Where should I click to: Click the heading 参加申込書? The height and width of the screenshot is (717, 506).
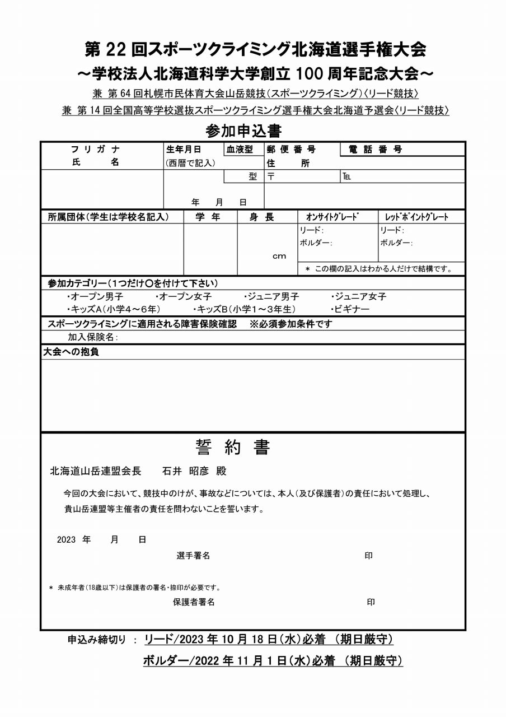tap(243, 131)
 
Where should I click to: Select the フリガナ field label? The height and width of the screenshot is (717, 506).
tap(95, 150)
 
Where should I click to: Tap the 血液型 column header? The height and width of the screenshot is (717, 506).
tap(240, 150)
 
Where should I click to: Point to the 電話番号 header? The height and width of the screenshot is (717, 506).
tap(375, 150)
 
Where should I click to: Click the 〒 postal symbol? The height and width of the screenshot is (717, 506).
tap(270, 176)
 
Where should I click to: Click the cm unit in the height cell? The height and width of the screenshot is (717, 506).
tap(279, 256)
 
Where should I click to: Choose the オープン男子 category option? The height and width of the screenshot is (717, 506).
tap(95, 297)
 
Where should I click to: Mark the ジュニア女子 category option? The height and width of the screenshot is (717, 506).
tap(359, 297)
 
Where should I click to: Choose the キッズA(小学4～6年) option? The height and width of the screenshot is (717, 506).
tap(114, 309)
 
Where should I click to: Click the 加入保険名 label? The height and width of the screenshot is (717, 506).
tap(92, 337)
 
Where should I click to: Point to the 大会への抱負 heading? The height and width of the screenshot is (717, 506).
tap(71, 352)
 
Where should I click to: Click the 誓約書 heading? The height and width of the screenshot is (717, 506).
tap(233, 447)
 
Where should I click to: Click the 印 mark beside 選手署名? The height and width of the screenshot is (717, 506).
tap(368, 556)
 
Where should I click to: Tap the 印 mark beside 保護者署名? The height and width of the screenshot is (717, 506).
tap(371, 602)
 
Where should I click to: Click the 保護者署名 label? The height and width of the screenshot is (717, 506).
tap(194, 602)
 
